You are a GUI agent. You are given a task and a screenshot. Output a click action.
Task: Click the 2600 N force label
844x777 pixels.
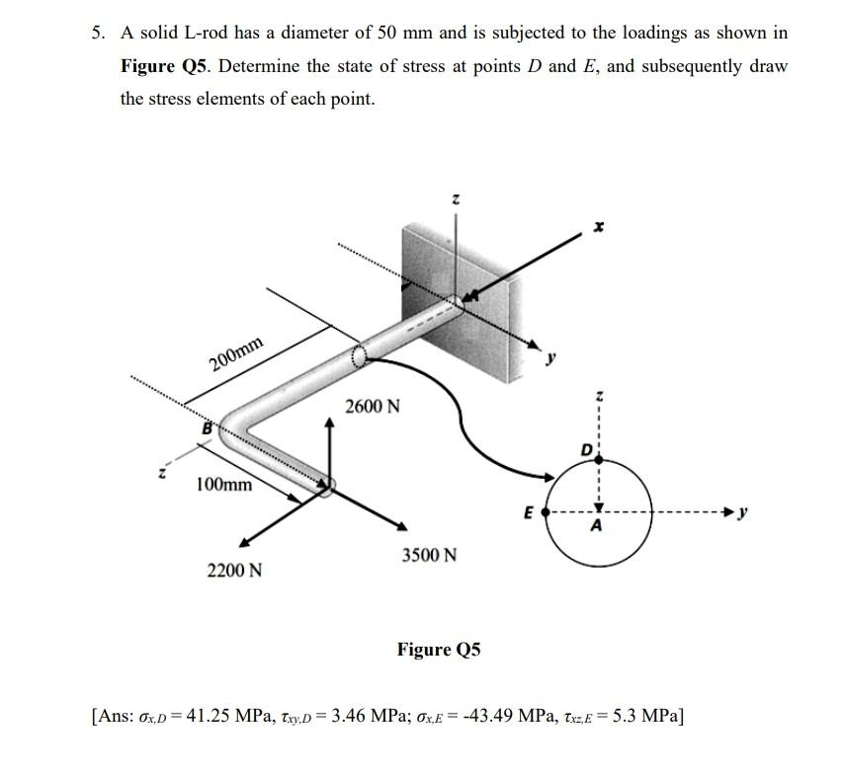coord(373,407)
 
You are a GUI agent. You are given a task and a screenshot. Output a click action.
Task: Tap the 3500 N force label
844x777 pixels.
coord(429,555)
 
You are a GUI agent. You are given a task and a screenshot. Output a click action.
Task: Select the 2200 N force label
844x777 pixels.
coord(234,570)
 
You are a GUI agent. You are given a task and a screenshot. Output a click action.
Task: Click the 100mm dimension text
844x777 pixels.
coord(223,485)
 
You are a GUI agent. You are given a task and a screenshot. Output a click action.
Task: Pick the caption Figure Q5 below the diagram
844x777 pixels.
coord(439,649)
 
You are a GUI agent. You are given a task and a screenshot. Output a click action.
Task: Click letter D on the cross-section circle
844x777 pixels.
coord(586,450)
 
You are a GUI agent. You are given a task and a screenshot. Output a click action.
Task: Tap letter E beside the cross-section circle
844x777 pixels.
coord(529,513)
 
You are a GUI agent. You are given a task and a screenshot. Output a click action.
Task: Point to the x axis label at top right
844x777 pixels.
coord(597,225)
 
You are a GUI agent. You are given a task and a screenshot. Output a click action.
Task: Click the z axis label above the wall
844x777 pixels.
coord(455,199)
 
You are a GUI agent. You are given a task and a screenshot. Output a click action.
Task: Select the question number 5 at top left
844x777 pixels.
coord(97,33)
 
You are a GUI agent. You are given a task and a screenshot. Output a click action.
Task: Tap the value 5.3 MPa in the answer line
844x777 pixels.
coord(639,715)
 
